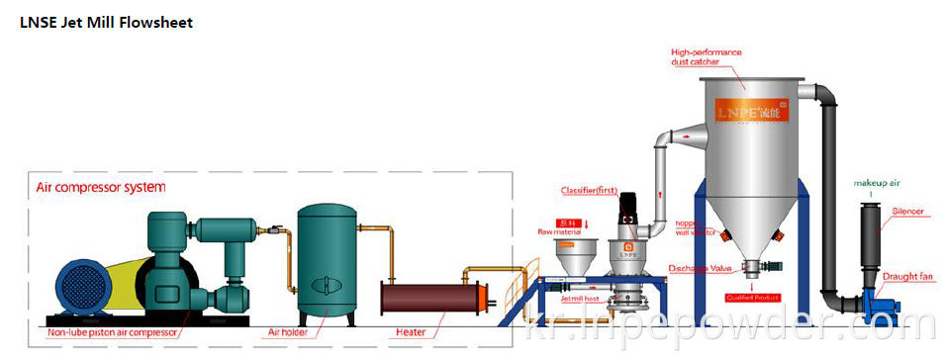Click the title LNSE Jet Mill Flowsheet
[106, 22]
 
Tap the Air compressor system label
[101, 186]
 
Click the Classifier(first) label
[588, 190]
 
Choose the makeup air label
[876, 182]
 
